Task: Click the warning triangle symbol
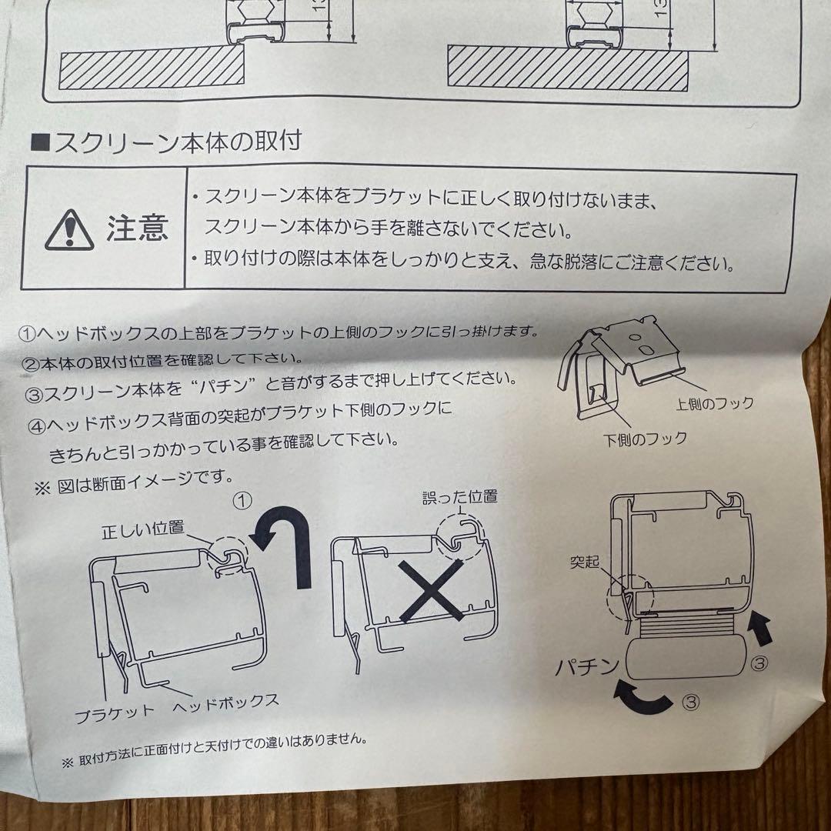point(69,230)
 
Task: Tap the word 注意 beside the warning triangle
point(138,228)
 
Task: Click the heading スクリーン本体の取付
point(167,142)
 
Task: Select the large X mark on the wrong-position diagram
point(431,590)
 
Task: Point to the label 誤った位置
point(460,497)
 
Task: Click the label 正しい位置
point(143,529)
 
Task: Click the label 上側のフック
point(715,404)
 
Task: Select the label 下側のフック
point(645,439)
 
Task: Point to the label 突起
point(585,561)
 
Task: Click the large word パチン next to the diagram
point(587,666)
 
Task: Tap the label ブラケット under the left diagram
point(115,715)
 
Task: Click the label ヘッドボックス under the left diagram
point(225,703)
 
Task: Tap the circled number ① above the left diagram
point(242,500)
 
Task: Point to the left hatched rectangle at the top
point(152,67)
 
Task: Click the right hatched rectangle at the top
point(568,68)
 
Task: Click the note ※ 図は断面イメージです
point(134,482)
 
